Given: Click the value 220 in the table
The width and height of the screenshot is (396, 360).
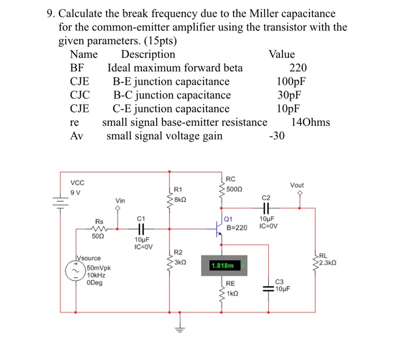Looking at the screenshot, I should pyautogui.click(x=298, y=68).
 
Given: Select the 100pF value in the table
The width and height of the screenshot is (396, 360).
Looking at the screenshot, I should pyautogui.click(x=292, y=82).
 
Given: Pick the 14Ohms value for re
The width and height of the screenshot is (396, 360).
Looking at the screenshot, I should pyautogui.click(x=310, y=122).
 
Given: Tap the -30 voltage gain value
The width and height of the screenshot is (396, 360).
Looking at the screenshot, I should pyautogui.click(x=278, y=136).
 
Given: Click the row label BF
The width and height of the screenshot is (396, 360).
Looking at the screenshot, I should pyautogui.click(x=76, y=68).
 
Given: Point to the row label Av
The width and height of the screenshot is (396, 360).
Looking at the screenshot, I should pyautogui.click(x=76, y=136).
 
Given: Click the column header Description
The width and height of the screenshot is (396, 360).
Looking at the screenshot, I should pyautogui.click(x=148, y=54).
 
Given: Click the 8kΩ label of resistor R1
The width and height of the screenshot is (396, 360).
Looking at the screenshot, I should pyautogui.click(x=180, y=200).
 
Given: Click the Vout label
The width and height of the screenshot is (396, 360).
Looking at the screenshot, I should pyautogui.click(x=298, y=185).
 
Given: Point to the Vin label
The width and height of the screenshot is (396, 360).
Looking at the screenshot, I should pyautogui.click(x=120, y=200).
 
